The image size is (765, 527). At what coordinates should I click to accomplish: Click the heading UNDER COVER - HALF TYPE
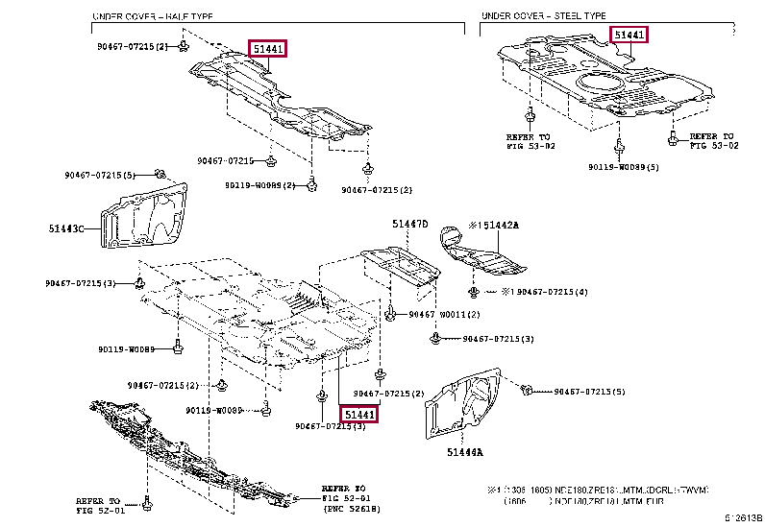pyautogui.click(x=154, y=17)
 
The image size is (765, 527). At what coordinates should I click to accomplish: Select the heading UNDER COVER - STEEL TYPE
pyautogui.click(x=543, y=17)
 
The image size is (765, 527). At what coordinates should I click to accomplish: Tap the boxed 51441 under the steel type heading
pyautogui.click(x=630, y=36)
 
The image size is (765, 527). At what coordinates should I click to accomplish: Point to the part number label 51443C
pyautogui.click(x=67, y=228)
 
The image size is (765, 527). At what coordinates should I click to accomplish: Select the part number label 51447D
pyautogui.click(x=409, y=224)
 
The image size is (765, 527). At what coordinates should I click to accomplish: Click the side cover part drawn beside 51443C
pyautogui.click(x=144, y=221)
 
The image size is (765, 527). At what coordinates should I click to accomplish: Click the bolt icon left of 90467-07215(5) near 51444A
pyautogui.click(x=527, y=391)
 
